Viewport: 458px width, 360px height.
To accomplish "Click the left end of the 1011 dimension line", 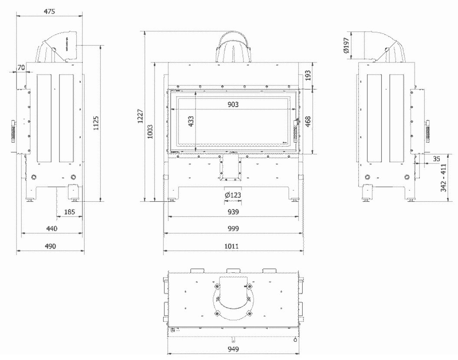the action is (164, 251).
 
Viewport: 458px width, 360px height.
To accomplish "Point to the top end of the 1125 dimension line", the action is (101, 46).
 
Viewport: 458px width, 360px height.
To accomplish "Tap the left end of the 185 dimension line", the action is (57, 216).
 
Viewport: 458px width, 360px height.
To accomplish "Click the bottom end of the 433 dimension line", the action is (196, 151).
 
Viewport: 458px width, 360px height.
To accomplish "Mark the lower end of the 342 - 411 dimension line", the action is (448, 201).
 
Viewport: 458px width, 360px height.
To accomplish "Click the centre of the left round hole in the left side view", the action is (34, 177).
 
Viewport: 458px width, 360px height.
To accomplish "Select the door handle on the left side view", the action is (13, 131).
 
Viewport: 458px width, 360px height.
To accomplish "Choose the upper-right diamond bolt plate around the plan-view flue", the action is (249, 286).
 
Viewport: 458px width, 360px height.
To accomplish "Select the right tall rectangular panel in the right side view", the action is (397, 118).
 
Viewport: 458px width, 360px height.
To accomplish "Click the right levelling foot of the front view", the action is (294, 200).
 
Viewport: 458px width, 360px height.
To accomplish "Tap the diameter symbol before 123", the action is (227, 195).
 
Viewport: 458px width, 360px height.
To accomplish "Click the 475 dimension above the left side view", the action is (49, 11).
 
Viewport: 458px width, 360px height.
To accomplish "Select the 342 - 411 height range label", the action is (443, 178).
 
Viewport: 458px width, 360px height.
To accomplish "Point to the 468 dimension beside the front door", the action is (308, 121).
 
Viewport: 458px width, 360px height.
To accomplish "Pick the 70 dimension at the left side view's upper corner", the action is (21, 68).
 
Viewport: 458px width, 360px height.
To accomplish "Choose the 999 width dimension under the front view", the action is (233, 229).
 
